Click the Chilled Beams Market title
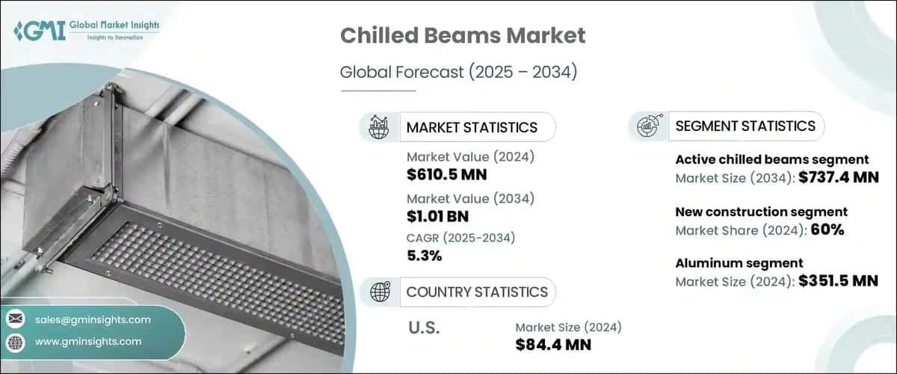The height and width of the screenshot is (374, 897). pyautogui.click(x=463, y=35)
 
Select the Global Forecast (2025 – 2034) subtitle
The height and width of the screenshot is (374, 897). pyautogui.click(x=460, y=73)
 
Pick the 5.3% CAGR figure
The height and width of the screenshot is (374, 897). pyautogui.click(x=425, y=257)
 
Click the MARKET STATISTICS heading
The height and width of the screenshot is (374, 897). pyautogui.click(x=471, y=127)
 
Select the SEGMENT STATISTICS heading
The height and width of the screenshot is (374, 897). pyautogui.click(x=745, y=126)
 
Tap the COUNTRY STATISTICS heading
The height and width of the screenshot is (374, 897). pyautogui.click(x=477, y=292)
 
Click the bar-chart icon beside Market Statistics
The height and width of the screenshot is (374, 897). pyautogui.click(x=379, y=127)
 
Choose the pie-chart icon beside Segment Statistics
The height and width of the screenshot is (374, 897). pyautogui.click(x=647, y=126)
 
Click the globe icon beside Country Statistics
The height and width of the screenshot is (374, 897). pyautogui.click(x=380, y=292)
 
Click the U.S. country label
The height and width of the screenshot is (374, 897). pyautogui.click(x=424, y=328)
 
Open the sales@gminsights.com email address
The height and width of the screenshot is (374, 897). pyautogui.click(x=93, y=319)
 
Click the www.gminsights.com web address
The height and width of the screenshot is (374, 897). pyautogui.click(x=88, y=341)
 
